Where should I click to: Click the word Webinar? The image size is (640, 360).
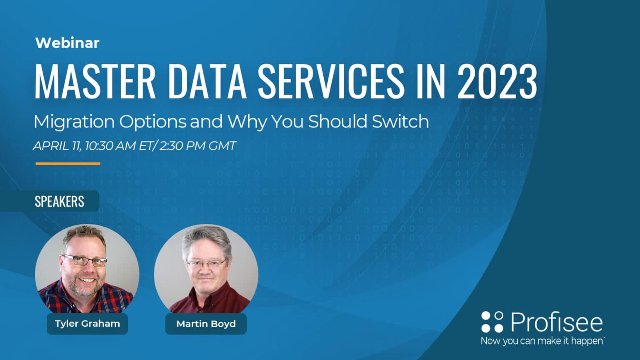pos(67,43)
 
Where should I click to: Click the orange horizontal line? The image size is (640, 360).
pos(68,164)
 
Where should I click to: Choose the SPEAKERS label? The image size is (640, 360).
pos(59,202)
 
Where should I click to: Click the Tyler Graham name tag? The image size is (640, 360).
pos(87,324)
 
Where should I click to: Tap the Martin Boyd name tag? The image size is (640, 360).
pos(206,324)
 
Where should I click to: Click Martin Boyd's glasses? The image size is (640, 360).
pos(206,264)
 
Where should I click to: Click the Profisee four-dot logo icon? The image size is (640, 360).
pos(492,322)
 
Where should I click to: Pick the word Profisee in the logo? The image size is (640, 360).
pos(557,322)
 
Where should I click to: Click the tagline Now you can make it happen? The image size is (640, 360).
pos(542,341)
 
